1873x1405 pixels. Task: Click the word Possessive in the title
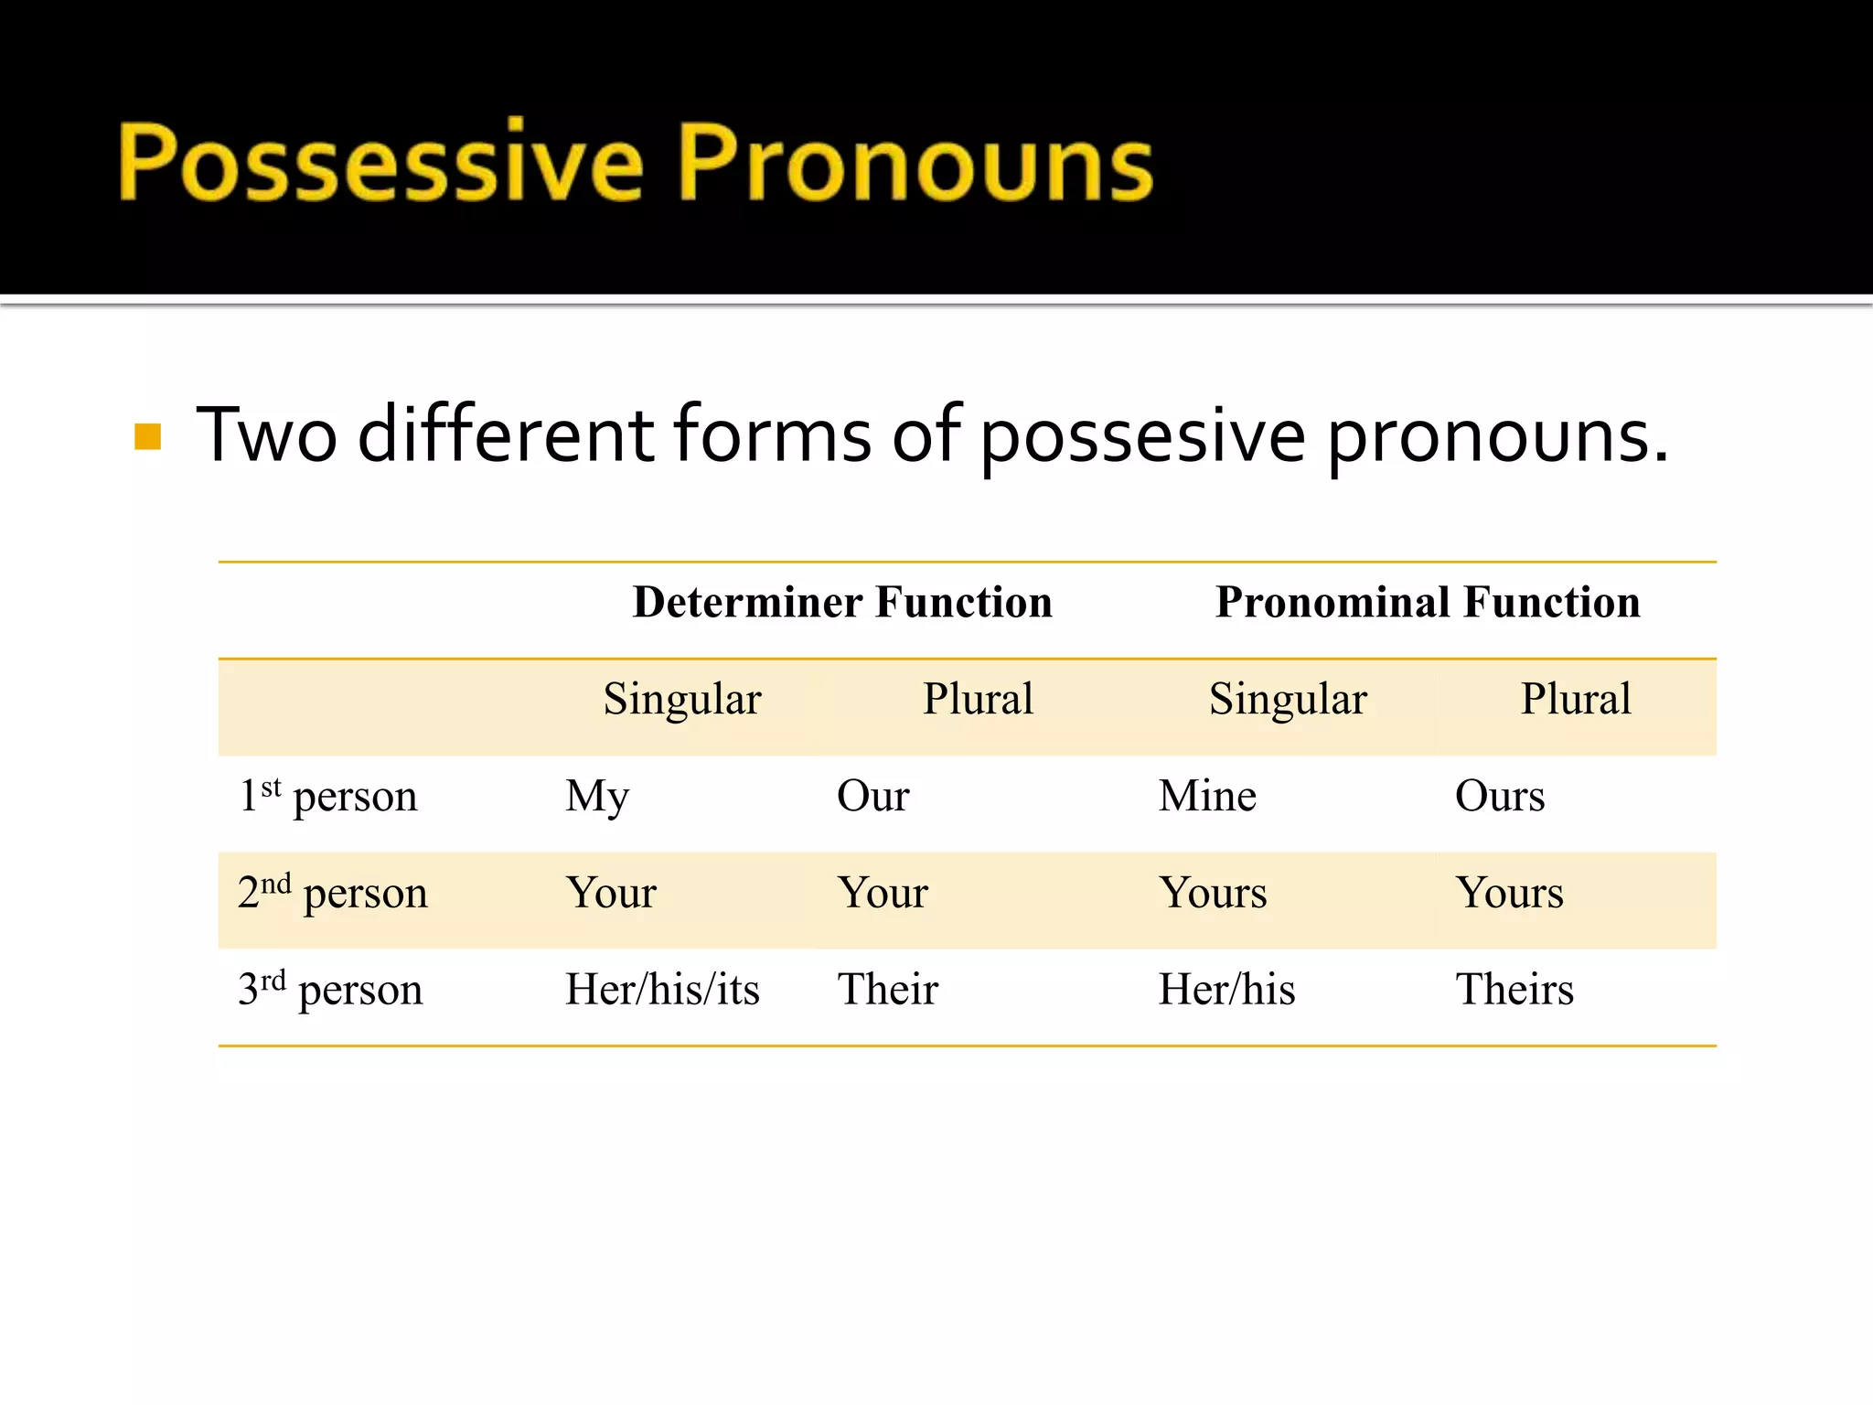pos(380,162)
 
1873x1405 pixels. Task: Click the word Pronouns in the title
pos(915,162)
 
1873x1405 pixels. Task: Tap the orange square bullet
pos(147,436)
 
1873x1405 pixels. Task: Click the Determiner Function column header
pos(842,603)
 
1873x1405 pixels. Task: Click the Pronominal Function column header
pos(1428,603)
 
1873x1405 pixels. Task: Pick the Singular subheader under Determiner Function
pos(682,700)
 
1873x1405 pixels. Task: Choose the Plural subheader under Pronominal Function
pos(1576,700)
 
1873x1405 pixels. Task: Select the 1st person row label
pos(327,796)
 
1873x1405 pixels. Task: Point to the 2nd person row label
pos(332,893)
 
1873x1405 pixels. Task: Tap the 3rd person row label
pos(330,990)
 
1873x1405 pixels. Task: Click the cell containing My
pos(597,797)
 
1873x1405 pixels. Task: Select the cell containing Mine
pos(1207,796)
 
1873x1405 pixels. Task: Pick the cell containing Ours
pos(1500,796)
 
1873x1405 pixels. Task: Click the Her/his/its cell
pos(662,990)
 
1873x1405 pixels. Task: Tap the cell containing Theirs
pos(1514,990)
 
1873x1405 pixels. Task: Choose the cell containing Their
pos(888,990)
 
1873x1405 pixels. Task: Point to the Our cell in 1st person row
pos(872,796)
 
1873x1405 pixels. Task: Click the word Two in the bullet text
pos(266,435)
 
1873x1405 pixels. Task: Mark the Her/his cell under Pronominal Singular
pos(1226,990)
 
